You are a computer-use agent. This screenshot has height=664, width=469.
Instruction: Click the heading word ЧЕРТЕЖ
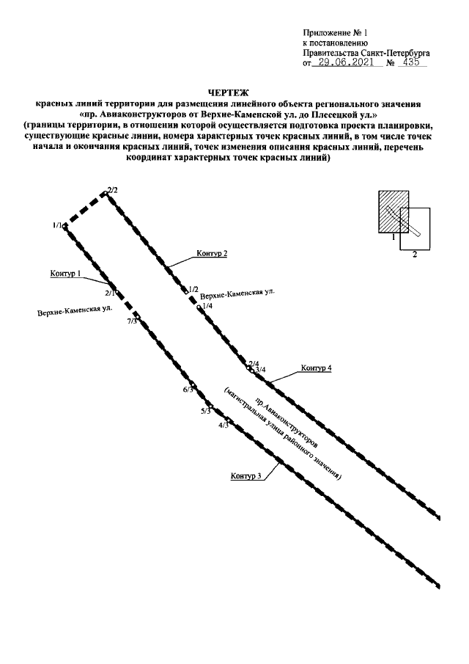click(234, 92)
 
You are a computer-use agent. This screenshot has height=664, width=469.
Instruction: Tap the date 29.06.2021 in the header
click(347, 63)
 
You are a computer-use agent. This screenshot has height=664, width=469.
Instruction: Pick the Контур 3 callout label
click(245, 477)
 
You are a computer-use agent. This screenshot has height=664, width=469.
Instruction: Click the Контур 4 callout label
click(317, 368)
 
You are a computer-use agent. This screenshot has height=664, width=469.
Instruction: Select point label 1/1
click(58, 225)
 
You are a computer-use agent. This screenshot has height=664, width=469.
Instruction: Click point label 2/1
click(111, 293)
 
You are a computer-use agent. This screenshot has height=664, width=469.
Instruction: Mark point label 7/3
click(132, 321)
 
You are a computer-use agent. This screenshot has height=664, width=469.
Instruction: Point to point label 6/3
click(188, 390)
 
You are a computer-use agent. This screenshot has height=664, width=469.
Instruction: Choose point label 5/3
click(205, 411)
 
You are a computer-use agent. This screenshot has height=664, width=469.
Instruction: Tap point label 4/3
click(224, 425)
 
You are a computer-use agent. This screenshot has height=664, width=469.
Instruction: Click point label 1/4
click(207, 306)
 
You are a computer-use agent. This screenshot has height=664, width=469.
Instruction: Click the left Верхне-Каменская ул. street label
click(75, 311)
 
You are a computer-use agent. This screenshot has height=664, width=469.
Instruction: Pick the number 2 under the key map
click(415, 254)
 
